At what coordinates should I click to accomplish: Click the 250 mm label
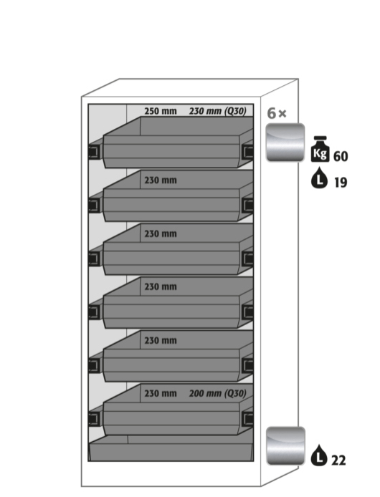click(161, 111)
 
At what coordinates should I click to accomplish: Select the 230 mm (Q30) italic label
click(218, 111)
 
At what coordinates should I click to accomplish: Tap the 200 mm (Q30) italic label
click(218, 393)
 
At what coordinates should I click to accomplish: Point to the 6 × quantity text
click(277, 113)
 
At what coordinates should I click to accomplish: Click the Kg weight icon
click(320, 149)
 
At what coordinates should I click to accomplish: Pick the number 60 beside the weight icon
click(341, 156)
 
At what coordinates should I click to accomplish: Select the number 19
click(341, 183)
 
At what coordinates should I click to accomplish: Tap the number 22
click(338, 460)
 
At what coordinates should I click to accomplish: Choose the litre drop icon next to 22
click(319, 455)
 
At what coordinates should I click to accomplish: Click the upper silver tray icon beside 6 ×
click(285, 143)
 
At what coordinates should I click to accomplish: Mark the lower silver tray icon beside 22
click(285, 446)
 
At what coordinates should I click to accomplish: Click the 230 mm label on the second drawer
click(161, 180)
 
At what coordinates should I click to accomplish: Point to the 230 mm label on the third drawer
click(161, 234)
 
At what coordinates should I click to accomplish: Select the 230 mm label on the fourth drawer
click(161, 287)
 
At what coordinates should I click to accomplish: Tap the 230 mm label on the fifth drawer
click(161, 341)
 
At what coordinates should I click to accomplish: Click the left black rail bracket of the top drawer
click(94, 152)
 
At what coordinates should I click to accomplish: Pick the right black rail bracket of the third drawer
click(247, 259)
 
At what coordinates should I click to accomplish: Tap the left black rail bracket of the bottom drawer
click(94, 419)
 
